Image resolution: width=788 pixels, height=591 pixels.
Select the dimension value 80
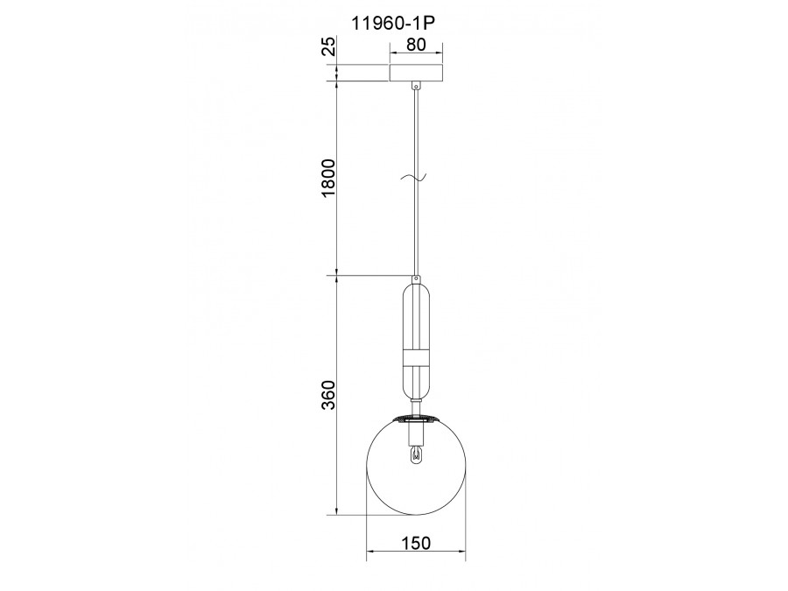click(x=416, y=45)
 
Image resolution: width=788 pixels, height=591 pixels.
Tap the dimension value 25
click(x=327, y=46)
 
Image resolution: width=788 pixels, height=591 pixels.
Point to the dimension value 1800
click(x=327, y=178)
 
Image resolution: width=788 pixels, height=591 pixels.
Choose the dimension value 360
click(x=327, y=395)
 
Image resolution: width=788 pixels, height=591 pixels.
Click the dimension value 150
click(x=416, y=543)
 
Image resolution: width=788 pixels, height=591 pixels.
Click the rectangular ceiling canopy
click(x=416, y=73)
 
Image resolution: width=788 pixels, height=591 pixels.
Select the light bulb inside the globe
click(x=416, y=454)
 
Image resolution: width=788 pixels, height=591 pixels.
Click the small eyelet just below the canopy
click(x=416, y=86)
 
